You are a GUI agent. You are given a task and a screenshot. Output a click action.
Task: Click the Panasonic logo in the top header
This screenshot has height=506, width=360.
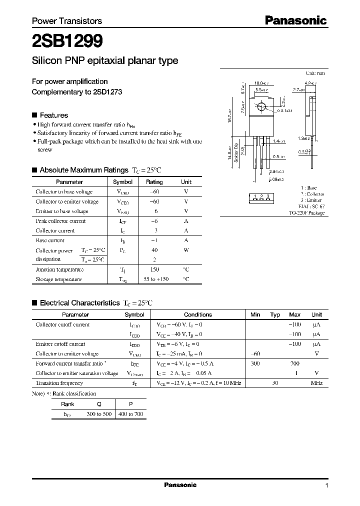[x=295, y=20]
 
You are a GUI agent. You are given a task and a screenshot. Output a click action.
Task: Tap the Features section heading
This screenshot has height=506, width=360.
[x=53, y=115]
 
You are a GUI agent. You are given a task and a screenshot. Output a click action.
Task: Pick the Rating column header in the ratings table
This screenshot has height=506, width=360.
[x=154, y=182]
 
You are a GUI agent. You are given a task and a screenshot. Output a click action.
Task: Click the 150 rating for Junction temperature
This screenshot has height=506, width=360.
[x=154, y=269]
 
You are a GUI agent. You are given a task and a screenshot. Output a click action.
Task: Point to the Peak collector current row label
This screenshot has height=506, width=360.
[x=60, y=221]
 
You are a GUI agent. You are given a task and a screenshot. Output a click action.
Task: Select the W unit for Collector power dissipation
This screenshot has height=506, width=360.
[x=186, y=250]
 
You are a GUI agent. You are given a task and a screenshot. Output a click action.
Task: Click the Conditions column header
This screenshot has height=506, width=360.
[x=197, y=314]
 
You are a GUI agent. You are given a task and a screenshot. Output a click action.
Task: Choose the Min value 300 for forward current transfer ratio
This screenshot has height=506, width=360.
[x=255, y=363]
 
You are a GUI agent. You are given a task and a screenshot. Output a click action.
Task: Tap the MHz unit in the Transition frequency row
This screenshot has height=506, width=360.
[x=316, y=383]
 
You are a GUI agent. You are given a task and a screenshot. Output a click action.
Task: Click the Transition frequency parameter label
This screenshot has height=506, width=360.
[x=59, y=383]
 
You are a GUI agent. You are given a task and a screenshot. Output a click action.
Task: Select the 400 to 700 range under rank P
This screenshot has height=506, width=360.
[x=130, y=414]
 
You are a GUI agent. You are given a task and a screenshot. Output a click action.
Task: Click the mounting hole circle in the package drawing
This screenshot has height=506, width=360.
[x=261, y=107]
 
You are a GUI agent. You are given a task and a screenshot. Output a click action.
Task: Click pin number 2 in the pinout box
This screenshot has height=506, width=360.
[x=261, y=196]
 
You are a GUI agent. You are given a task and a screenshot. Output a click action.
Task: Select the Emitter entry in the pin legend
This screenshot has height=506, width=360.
[x=313, y=200]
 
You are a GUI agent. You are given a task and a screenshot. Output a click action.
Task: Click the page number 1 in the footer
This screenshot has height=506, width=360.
[x=326, y=485]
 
